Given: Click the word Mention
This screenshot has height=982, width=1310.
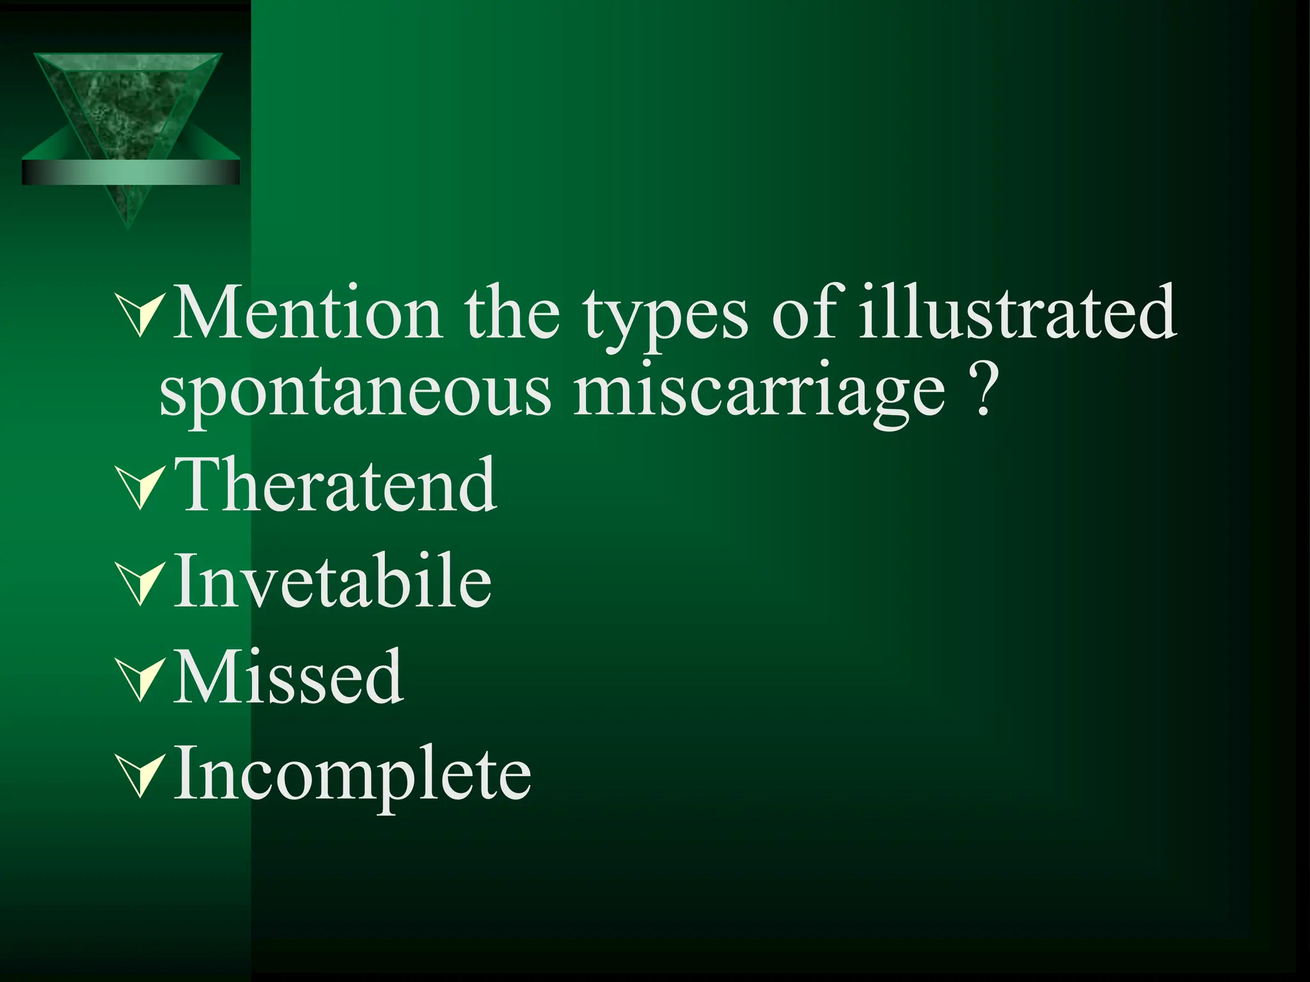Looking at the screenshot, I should (307, 313).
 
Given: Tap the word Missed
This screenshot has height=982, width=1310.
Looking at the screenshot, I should (288, 676).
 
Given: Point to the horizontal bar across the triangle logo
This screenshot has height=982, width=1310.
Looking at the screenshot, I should (130, 172).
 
